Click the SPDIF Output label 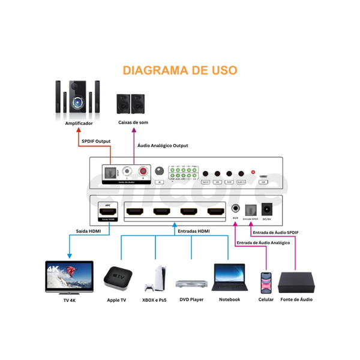[x=96, y=141]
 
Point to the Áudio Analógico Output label [x=163, y=146]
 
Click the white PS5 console [x=154, y=279]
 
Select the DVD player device [x=192, y=283]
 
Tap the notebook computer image [x=229, y=278]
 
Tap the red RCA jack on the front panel [x=143, y=172]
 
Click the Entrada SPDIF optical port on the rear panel [x=250, y=210]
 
